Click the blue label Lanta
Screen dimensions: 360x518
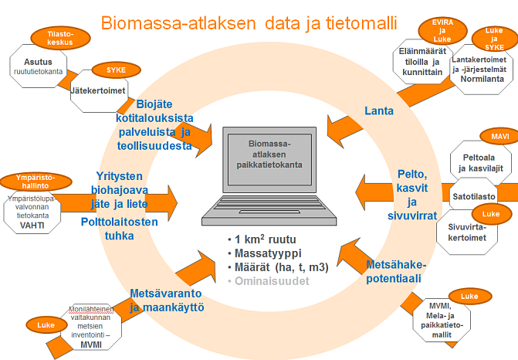[x=379, y=110]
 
